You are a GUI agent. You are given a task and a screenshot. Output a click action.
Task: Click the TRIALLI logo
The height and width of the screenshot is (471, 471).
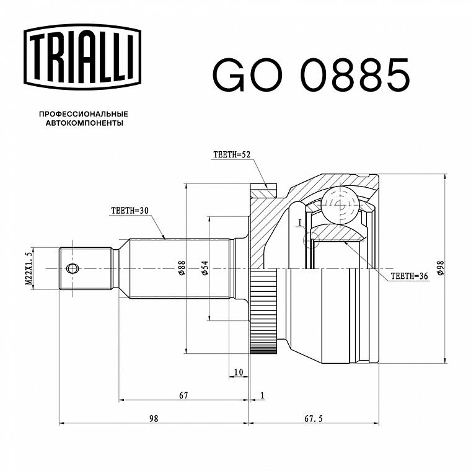click(82, 57)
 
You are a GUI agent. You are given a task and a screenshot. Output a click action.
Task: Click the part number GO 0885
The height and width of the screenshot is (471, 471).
click(311, 75)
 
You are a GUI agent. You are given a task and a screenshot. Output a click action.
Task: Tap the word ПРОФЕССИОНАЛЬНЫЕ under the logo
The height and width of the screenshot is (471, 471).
click(84, 114)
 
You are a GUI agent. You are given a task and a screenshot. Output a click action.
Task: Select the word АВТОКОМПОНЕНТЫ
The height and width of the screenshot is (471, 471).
click(84, 123)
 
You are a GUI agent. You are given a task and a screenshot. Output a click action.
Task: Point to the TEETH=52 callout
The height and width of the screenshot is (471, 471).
click(232, 154)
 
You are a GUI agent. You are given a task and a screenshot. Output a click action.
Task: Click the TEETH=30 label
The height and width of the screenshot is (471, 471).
click(130, 211)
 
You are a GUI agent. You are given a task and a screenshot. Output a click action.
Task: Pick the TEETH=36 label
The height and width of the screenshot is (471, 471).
click(409, 276)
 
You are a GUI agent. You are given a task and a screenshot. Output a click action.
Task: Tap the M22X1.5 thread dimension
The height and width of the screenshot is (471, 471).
click(29, 268)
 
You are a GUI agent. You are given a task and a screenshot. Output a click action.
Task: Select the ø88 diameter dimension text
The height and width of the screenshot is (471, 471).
click(182, 268)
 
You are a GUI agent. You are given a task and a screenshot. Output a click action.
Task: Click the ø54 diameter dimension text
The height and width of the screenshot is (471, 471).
click(205, 268)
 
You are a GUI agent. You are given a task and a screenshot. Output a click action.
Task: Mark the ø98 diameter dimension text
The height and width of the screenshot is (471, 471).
click(441, 268)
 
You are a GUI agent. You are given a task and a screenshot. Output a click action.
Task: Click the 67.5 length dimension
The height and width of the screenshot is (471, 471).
click(314, 418)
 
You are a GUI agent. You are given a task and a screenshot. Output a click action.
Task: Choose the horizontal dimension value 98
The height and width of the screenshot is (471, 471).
click(154, 418)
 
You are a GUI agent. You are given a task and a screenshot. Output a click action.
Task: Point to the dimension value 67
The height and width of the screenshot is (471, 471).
click(183, 395)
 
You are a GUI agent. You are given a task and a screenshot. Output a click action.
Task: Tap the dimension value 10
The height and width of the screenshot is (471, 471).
click(239, 372)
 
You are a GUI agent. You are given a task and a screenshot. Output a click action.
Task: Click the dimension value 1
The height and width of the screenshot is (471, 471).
click(263, 395)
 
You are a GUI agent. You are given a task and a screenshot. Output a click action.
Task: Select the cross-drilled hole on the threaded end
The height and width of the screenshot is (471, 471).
click(72, 268)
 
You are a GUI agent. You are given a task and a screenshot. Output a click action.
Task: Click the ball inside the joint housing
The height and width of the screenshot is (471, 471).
click(340, 205)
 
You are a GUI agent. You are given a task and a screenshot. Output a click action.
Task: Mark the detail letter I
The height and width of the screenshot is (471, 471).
click(299, 222)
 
